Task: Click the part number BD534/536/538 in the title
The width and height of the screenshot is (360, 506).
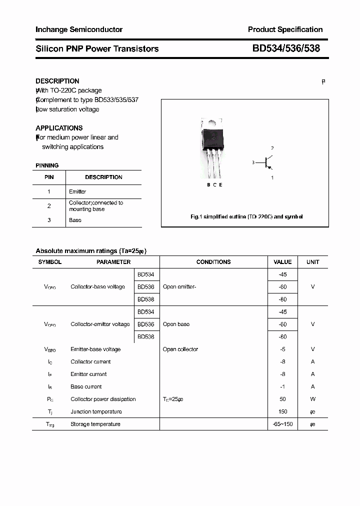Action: pos(286,48)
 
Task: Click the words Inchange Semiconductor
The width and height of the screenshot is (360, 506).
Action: pos(79,29)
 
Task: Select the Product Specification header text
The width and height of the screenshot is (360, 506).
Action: pos(285,29)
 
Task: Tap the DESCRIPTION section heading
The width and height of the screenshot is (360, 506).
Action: pos(57,81)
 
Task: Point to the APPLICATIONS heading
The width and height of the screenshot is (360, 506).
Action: pos(59,128)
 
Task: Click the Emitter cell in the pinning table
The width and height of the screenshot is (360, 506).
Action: pos(77,191)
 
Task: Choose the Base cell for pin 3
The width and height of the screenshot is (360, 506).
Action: pos(75,220)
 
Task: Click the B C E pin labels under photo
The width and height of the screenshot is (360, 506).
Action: pos(214,185)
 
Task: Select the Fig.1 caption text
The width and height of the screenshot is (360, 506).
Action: pos(246,217)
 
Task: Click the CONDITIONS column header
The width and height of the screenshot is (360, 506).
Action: pos(213,262)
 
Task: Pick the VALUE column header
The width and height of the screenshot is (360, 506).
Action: pos(282,262)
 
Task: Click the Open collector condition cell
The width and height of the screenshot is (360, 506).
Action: pos(180,349)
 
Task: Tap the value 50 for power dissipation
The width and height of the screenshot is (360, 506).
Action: pos(283,399)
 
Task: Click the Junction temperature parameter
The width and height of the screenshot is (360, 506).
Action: pos(96,412)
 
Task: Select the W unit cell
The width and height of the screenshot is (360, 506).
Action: pos(313,399)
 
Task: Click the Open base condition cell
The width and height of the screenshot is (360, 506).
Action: pos(176,324)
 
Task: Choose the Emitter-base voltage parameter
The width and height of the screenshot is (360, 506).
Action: pos(95,349)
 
